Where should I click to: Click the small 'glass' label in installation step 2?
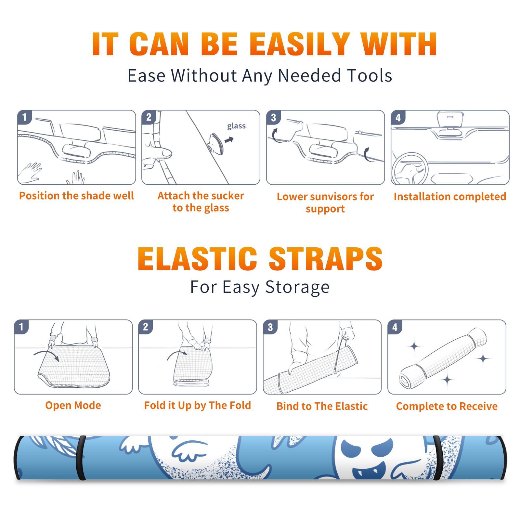[x=236, y=126]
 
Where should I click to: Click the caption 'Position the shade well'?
[x=76, y=196]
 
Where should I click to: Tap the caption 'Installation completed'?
[x=450, y=196]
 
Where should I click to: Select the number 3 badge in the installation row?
[x=273, y=118]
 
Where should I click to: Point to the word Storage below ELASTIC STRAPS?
[x=297, y=288]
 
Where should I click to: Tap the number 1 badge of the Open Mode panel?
[x=21, y=327]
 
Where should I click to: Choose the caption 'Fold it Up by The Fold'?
[x=198, y=405]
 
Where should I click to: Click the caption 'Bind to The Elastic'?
[x=322, y=406]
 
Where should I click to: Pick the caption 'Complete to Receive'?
[x=447, y=406]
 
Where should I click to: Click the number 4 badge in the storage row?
[x=395, y=327]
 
